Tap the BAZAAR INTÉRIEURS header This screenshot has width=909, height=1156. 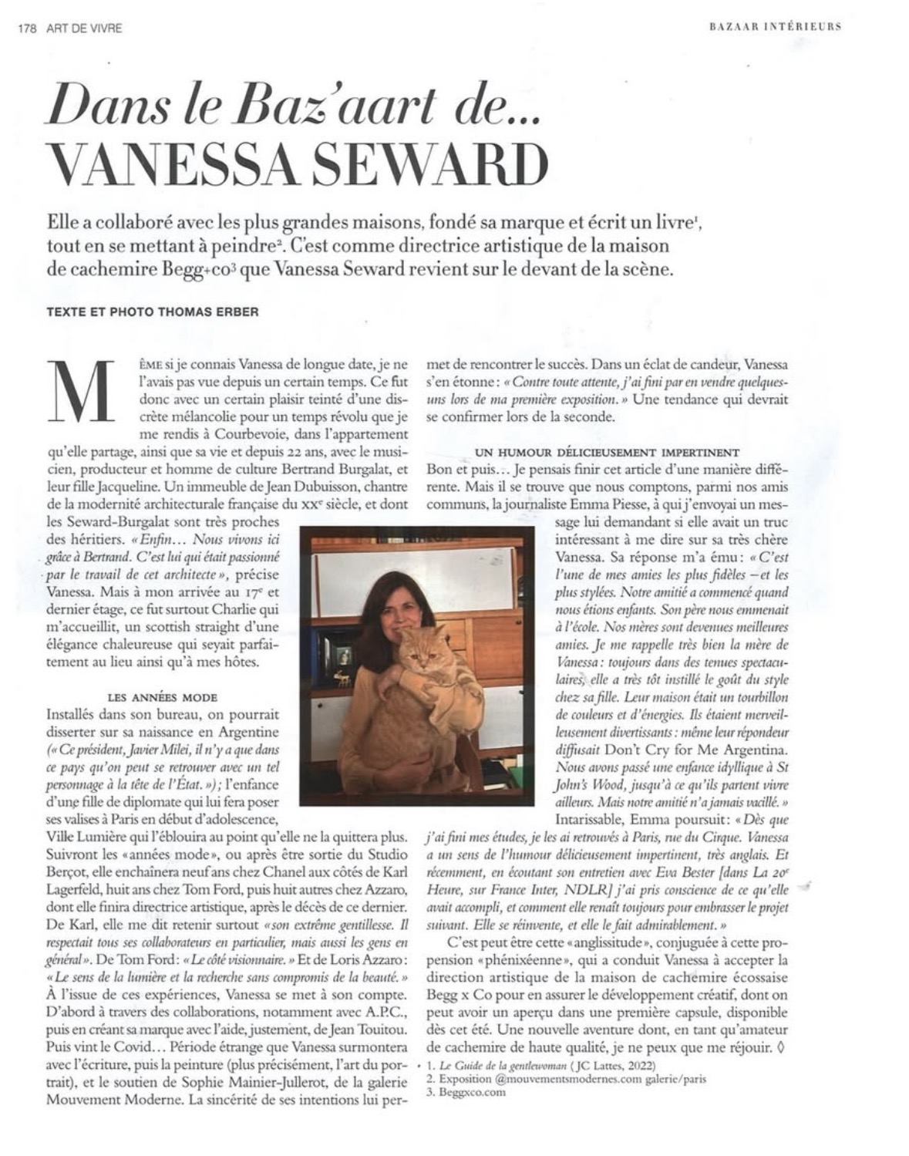pyautogui.click(x=774, y=26)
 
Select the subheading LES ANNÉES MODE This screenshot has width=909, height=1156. pyautogui.click(x=164, y=697)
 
